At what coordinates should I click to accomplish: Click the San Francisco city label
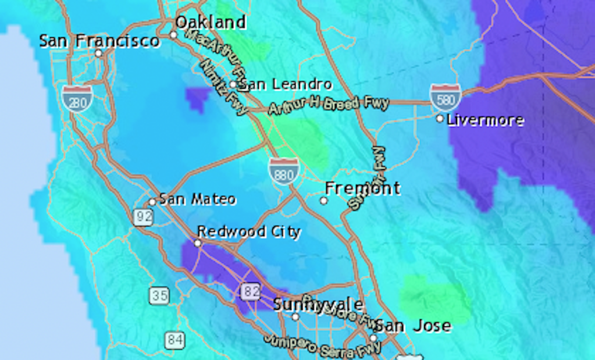(x=99, y=41)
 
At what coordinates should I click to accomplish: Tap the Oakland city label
(x=211, y=23)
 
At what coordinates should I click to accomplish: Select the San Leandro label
(x=286, y=85)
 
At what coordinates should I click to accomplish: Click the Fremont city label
(x=362, y=188)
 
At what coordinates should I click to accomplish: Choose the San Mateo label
(x=198, y=199)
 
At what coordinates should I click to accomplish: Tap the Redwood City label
(x=249, y=232)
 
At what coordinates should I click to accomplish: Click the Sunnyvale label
(x=318, y=305)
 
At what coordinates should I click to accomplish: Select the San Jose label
(x=412, y=326)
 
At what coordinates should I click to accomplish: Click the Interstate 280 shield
(x=77, y=98)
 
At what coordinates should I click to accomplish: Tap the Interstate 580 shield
(x=446, y=97)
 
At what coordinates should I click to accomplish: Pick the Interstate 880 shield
(x=284, y=171)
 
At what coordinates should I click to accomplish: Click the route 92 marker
(x=142, y=217)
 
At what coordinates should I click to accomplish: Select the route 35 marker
(x=159, y=295)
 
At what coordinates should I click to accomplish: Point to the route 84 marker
(x=174, y=340)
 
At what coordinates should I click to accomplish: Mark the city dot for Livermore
(x=440, y=119)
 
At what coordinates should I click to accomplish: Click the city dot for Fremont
(x=324, y=201)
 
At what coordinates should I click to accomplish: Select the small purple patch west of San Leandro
(x=198, y=98)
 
